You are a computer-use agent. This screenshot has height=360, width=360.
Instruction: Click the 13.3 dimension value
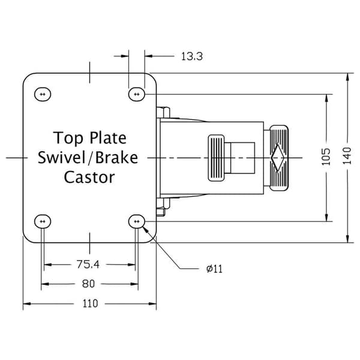[x=192, y=56]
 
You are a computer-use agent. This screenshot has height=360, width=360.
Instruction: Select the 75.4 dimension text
[x=88, y=264]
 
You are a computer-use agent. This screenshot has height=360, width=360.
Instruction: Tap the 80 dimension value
[x=88, y=284]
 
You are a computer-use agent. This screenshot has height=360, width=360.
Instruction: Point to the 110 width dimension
[x=90, y=304]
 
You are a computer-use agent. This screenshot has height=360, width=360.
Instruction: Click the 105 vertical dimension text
[x=326, y=157]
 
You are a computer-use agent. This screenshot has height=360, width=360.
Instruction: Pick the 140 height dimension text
[x=347, y=156]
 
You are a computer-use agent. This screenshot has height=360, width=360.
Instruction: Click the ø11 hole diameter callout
[x=214, y=269]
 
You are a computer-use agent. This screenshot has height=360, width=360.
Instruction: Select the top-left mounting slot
[x=43, y=94]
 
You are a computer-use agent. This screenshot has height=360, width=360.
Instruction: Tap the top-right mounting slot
[x=137, y=94]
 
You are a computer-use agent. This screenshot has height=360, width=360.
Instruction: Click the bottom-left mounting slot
[x=43, y=221]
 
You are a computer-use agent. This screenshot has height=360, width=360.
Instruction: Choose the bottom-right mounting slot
[x=137, y=221]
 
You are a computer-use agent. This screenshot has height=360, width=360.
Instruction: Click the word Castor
[x=89, y=178]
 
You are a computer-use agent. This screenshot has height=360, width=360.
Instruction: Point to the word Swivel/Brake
[x=88, y=158]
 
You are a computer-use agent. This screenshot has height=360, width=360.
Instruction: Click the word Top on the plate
[x=68, y=138]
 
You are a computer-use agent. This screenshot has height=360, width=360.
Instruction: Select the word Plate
[x=108, y=138]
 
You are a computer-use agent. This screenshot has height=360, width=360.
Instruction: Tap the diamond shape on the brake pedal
[x=278, y=158]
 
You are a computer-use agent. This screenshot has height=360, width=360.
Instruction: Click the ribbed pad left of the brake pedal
[x=216, y=158]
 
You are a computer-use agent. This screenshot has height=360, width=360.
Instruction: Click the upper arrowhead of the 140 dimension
[x=347, y=77]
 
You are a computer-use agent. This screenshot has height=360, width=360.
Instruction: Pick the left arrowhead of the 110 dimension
[x=26, y=304]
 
